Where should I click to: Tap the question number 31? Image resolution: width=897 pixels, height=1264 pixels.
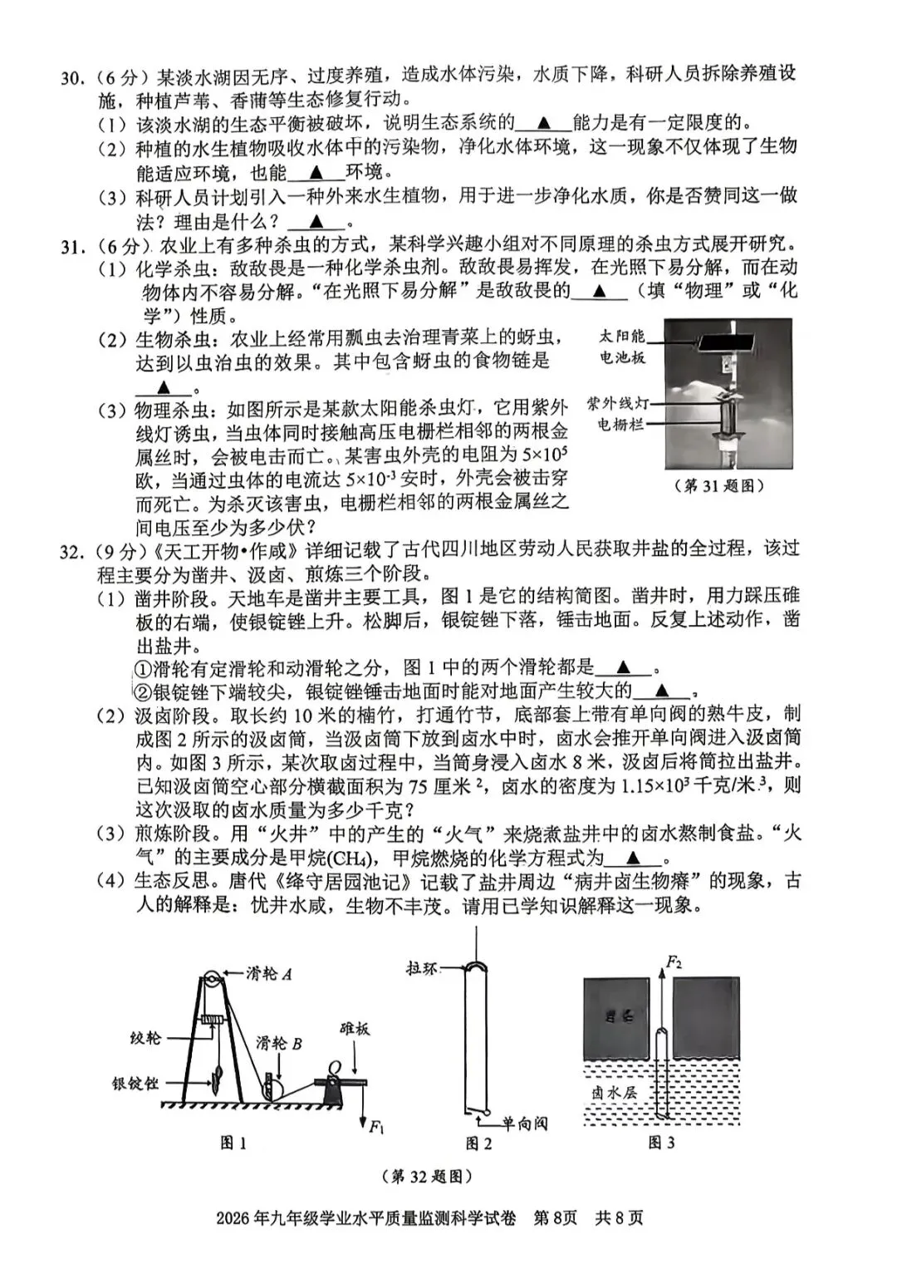click(x=72, y=247)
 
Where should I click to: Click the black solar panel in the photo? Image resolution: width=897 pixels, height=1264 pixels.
click(x=728, y=342)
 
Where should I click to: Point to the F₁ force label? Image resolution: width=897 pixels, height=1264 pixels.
click(x=376, y=1127)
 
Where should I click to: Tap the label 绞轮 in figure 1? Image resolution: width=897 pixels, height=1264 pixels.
click(x=145, y=1038)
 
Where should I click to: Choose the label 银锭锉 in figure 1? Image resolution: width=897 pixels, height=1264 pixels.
click(x=135, y=1084)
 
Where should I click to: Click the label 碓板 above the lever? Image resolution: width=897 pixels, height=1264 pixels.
click(x=355, y=1029)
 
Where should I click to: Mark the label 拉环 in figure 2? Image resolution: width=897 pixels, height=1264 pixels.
click(x=422, y=968)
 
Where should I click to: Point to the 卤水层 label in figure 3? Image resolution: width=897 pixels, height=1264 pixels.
click(x=614, y=1092)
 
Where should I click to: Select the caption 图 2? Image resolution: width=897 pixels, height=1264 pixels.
click(x=478, y=1144)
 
